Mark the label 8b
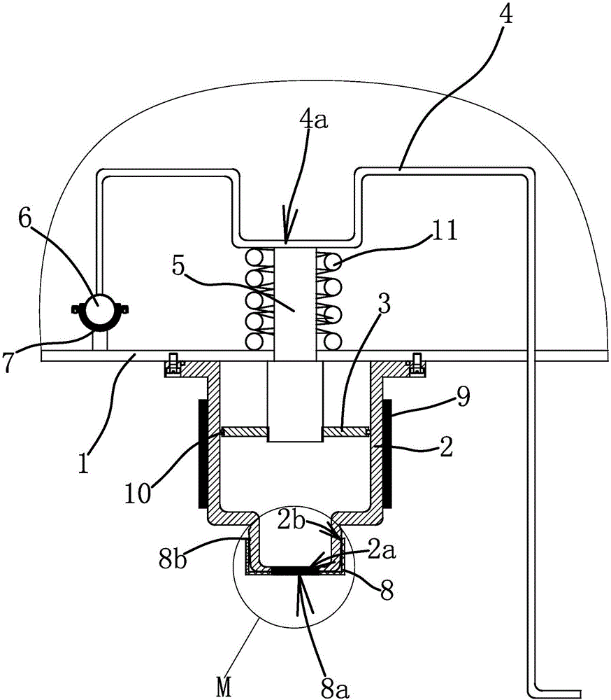(x=173, y=558)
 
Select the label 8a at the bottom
(x=335, y=687)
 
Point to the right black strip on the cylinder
(x=387, y=454)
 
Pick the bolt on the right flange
(x=417, y=365)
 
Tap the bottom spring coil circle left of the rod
(x=254, y=342)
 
